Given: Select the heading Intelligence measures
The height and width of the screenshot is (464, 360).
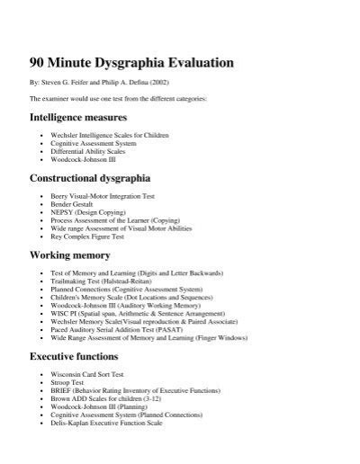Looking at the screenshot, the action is (x=78, y=118).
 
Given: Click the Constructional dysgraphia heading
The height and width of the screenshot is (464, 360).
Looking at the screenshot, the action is (x=90, y=178).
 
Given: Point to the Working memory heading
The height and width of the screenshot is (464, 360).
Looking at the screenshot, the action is (x=70, y=255).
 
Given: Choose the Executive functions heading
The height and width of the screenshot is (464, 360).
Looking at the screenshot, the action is (x=76, y=358).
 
